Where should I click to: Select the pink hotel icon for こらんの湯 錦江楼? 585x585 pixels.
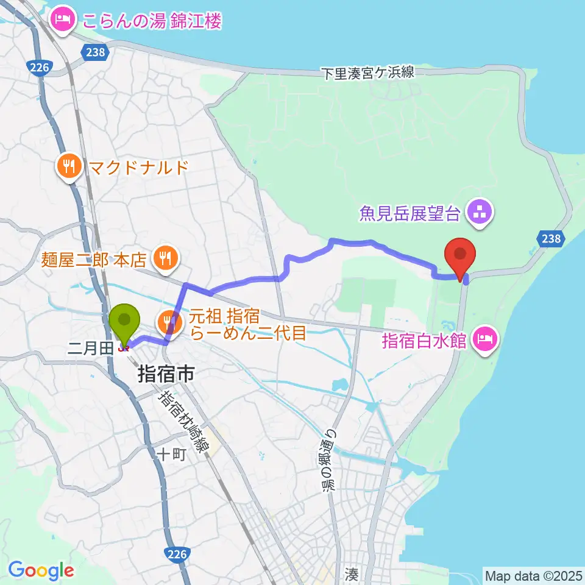tap(63, 21)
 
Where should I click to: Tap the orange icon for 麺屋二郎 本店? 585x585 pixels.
tap(165, 259)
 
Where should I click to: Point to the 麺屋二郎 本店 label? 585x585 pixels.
tap(94, 260)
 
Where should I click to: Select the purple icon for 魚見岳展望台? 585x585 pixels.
tap(479, 213)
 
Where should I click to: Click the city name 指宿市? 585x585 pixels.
tap(166, 374)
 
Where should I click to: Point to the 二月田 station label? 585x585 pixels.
tap(90, 347)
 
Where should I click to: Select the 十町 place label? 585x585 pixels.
tap(166, 454)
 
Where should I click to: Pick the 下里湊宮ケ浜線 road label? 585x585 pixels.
tap(368, 73)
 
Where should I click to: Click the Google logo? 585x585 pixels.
tap(41, 570)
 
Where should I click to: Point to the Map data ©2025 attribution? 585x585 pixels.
tap(533, 575)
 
